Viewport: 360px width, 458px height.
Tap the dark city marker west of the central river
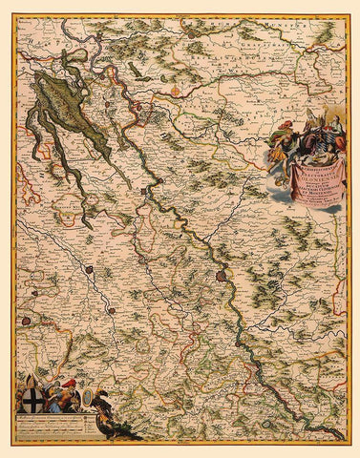(x=88, y=271)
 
